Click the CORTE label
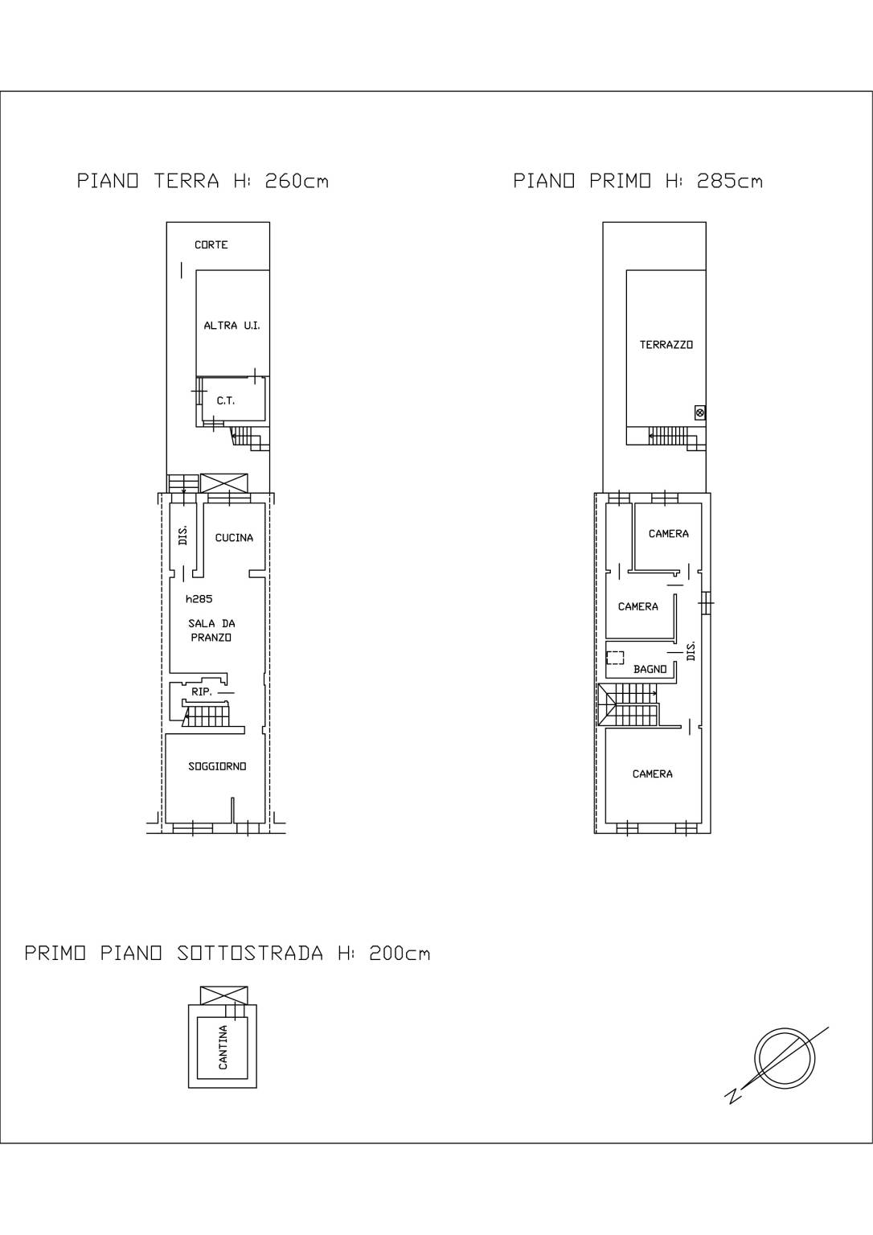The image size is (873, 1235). point(211,244)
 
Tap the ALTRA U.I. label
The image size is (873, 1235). point(232,326)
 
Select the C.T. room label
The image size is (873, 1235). point(225,401)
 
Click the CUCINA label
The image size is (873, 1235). point(234,538)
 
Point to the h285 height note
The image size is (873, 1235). point(199,599)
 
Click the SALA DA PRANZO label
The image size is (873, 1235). point(211,630)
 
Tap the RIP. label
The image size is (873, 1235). point(202,691)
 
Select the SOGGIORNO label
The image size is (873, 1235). point(217,766)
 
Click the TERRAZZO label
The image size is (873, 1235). point(666,345)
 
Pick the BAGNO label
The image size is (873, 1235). point(650,669)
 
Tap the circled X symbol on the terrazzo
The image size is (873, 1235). point(700,412)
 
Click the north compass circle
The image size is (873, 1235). point(785,1057)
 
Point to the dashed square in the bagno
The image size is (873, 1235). point(615,658)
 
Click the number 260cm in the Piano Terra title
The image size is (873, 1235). point(297,181)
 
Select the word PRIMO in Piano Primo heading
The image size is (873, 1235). point(620,181)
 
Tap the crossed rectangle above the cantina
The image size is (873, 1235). point(223,995)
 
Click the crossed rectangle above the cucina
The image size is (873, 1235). point(223,483)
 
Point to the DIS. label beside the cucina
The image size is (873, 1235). point(183,535)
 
